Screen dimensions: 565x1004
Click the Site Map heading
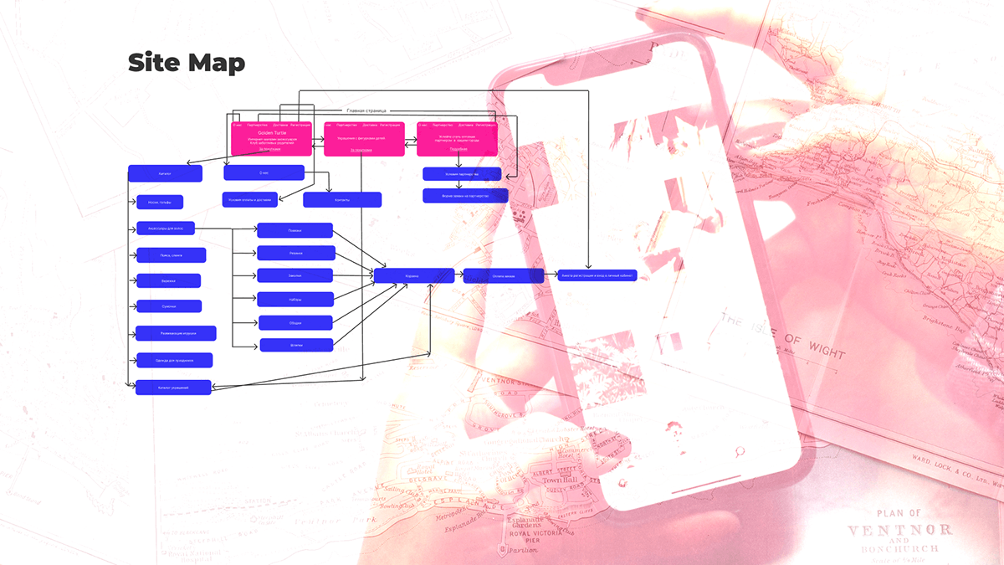(186, 64)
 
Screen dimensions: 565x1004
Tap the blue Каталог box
(165, 173)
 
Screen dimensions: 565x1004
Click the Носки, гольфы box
(159, 202)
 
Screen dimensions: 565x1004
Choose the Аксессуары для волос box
(166, 227)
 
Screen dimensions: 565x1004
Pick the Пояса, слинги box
(171, 255)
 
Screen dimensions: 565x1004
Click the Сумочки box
(169, 306)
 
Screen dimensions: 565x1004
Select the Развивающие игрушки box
(176, 333)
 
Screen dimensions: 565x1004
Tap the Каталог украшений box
(173, 388)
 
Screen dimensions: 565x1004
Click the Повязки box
(295, 230)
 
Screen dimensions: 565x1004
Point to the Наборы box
(296, 299)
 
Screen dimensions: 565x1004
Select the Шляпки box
(296, 344)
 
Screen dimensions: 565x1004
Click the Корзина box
(413, 275)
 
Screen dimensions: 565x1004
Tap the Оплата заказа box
(503, 275)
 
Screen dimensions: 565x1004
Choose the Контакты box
(341, 200)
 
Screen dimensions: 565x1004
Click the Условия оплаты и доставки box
(249, 199)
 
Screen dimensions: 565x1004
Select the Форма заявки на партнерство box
(464, 195)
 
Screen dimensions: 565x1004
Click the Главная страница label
(366, 110)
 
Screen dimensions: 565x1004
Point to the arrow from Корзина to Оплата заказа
(458, 275)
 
